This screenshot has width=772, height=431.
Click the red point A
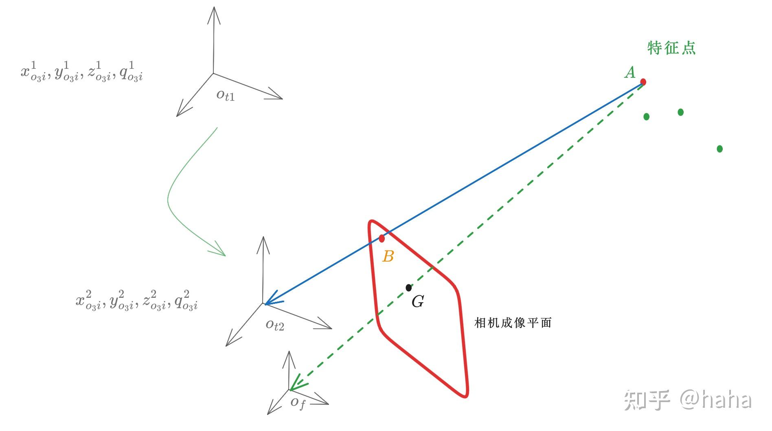pos(643,82)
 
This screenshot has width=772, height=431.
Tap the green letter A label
pos(630,73)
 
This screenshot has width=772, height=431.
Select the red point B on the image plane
pos(382,238)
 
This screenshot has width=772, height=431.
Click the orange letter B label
pos(388,257)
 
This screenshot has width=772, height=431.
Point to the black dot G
pos(409,288)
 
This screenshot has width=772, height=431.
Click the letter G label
pos(418,302)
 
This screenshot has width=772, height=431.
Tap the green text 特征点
pos(671,48)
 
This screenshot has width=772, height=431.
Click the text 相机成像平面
pos(513,323)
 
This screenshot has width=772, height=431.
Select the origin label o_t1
pos(225,95)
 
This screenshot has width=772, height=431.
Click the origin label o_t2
pos(275,325)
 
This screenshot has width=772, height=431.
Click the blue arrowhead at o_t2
pos(270,301)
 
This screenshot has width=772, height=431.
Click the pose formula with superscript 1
pos(82,72)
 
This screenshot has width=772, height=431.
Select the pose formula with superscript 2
pos(137,301)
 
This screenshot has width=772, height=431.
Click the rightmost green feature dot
pos(719,149)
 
